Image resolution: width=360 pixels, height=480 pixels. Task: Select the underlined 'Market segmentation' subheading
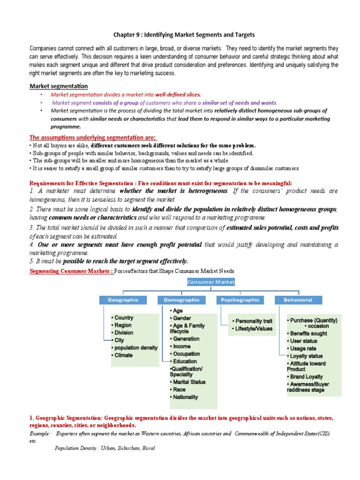59,86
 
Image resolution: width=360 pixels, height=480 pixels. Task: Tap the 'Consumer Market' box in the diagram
211,282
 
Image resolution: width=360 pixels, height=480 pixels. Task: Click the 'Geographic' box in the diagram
123,300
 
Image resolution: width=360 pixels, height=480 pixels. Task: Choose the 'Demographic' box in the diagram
181,300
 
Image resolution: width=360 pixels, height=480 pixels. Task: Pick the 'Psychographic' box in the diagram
240,300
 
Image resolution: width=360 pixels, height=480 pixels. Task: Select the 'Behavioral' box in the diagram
298,300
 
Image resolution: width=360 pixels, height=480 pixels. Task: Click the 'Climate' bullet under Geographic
123,355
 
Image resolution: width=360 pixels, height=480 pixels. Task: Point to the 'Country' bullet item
124,318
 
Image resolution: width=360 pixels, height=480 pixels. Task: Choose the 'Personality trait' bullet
254,321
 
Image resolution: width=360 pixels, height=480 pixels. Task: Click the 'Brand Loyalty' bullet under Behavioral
307,376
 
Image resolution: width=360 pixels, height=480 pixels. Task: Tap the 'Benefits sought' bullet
308,333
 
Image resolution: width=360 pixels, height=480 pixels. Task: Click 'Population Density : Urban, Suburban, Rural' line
105,448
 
